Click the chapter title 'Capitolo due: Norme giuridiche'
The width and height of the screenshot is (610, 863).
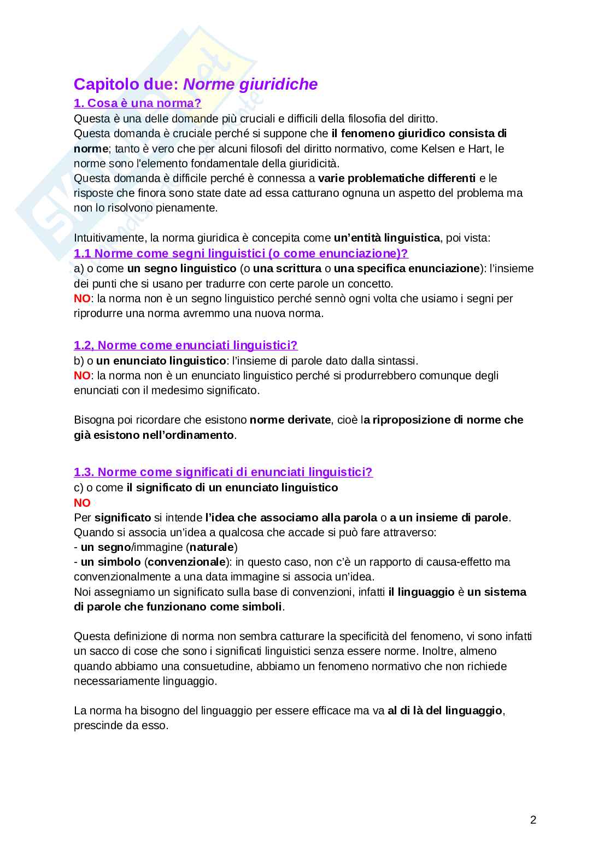(x=195, y=84)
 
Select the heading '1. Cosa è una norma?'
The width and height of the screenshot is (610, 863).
(x=137, y=103)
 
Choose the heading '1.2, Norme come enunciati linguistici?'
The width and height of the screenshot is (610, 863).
(x=185, y=345)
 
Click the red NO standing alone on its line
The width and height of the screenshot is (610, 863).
(x=82, y=503)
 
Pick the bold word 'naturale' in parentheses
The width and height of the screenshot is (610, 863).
(x=212, y=547)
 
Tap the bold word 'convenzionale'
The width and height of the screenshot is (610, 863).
(x=187, y=562)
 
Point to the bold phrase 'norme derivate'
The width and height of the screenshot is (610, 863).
(x=290, y=420)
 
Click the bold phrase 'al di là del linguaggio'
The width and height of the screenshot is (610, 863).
(x=444, y=711)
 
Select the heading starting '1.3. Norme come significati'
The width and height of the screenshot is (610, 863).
(x=223, y=472)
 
